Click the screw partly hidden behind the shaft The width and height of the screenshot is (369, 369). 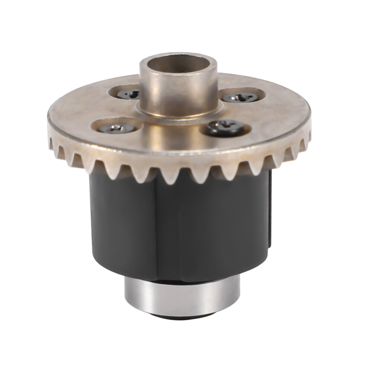(x=127, y=94)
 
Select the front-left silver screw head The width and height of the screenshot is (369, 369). (x=116, y=128)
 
